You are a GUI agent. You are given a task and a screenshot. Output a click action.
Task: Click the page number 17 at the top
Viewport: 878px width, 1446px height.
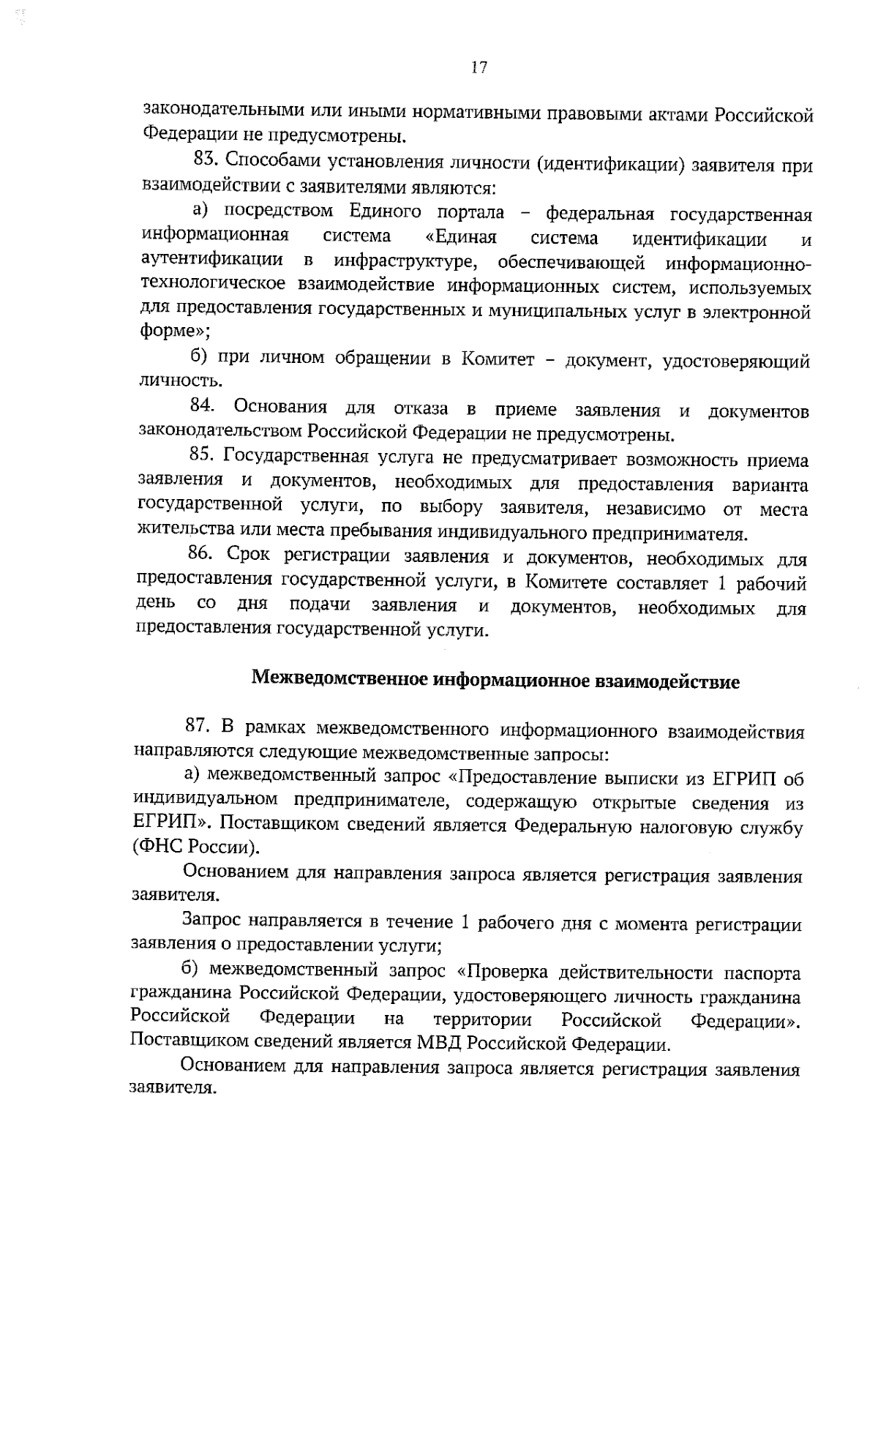click(x=479, y=68)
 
